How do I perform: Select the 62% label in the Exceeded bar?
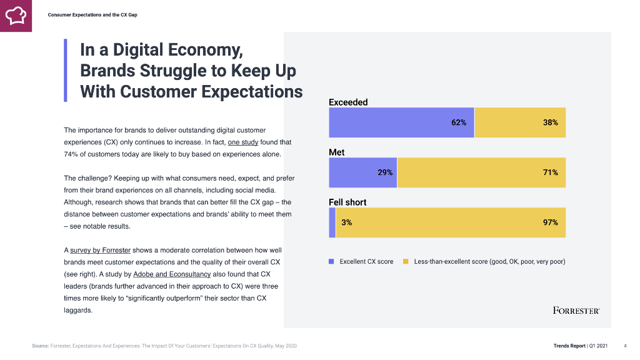click(459, 122)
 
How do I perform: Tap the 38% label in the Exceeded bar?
click(550, 122)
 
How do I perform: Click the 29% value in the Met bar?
click(385, 172)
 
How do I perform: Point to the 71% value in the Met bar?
click(550, 172)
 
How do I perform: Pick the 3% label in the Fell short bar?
click(346, 222)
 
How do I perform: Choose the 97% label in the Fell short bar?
click(550, 222)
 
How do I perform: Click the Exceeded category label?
click(348, 102)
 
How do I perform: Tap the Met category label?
click(336, 152)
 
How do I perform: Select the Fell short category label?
click(347, 202)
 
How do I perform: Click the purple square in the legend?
click(332, 261)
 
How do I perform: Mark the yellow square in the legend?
click(406, 261)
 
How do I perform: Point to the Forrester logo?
click(576, 310)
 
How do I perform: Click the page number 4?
click(625, 346)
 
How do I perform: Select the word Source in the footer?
click(40, 346)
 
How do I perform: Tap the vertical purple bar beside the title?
click(65, 70)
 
